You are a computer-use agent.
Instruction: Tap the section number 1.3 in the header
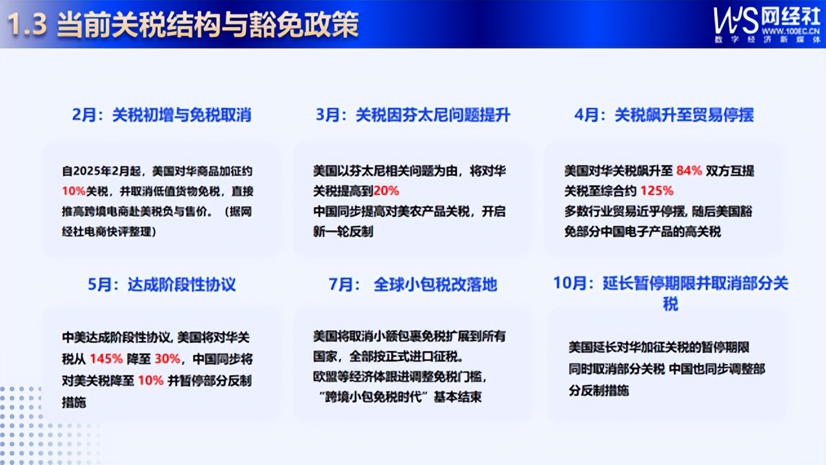tap(28, 26)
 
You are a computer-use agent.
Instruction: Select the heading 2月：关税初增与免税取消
tap(161, 115)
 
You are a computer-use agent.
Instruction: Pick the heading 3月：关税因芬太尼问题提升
tap(413, 115)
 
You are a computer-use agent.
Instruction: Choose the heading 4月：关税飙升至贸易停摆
tap(664, 115)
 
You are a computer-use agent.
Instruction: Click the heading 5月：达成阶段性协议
tap(161, 284)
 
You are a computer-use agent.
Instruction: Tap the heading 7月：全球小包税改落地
tap(413, 284)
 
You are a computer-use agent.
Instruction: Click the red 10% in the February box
tap(74, 191)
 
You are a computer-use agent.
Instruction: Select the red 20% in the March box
tap(386, 191)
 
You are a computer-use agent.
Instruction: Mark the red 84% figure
tap(689, 171)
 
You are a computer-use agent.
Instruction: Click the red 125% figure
tap(658, 191)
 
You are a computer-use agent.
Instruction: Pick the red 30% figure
tap(168, 360)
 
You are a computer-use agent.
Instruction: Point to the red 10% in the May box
tap(150, 380)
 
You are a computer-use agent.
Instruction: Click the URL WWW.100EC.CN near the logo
tap(791, 30)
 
